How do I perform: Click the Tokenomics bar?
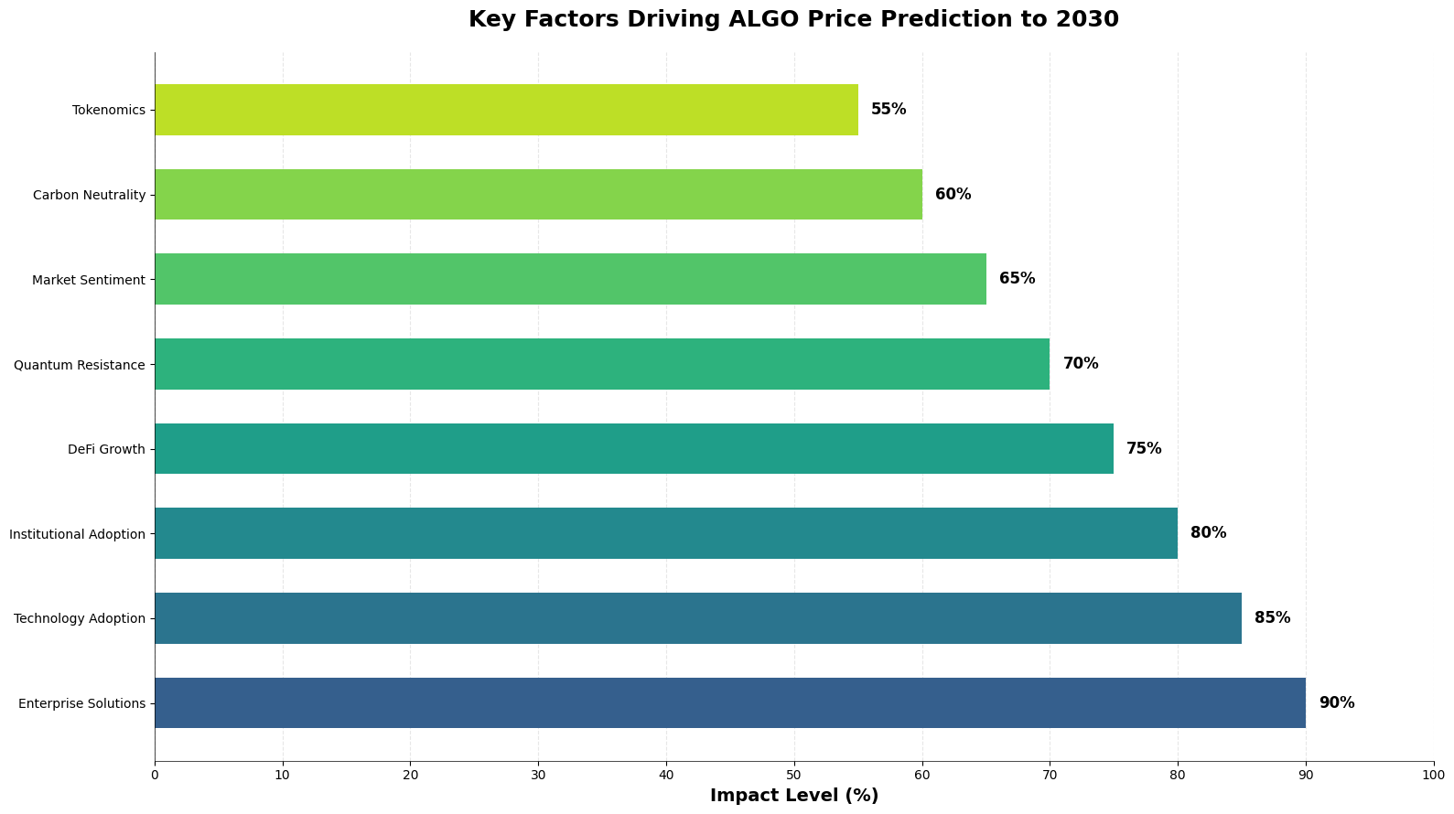click(x=506, y=110)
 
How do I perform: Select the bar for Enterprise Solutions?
click(x=729, y=702)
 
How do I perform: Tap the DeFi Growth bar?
click(x=633, y=448)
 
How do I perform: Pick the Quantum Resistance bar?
click(x=601, y=364)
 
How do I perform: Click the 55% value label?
click(x=888, y=110)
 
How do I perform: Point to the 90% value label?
click(x=1336, y=702)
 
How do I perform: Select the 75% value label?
click(x=1144, y=448)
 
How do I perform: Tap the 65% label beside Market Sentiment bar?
click(x=1017, y=279)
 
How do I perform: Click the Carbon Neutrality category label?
click(x=89, y=195)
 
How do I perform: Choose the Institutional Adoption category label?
click(x=77, y=534)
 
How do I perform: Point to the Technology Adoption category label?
click(x=80, y=618)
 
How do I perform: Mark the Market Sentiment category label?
click(x=89, y=280)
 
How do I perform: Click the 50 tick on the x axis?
click(x=793, y=776)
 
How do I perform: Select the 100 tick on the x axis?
click(x=1433, y=776)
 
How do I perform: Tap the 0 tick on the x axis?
click(x=155, y=776)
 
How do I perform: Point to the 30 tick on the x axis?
click(x=538, y=776)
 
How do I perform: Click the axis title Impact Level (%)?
click(x=793, y=796)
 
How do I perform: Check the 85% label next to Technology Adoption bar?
click(x=1272, y=618)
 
